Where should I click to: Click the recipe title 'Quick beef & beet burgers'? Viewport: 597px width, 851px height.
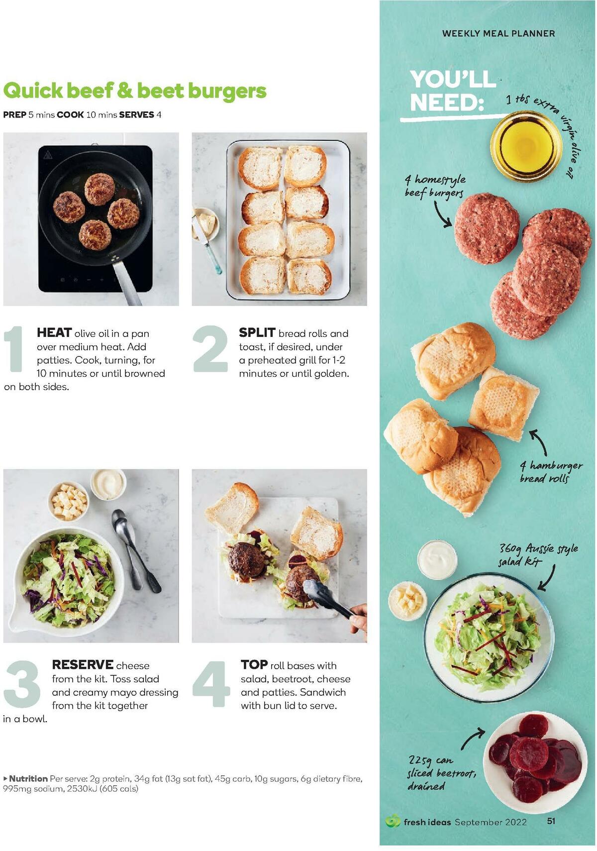[135, 91]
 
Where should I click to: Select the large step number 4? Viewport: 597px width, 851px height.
[211, 683]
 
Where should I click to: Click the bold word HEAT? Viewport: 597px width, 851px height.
[54, 333]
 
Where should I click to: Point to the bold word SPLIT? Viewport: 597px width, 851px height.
[257, 332]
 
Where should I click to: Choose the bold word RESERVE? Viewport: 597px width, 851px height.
[83, 665]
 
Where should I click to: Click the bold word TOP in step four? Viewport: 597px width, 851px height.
[254, 665]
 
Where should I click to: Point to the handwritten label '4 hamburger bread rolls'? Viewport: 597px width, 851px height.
[551, 472]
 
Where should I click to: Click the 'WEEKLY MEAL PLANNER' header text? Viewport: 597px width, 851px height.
[498, 34]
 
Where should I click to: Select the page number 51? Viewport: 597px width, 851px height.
[551, 821]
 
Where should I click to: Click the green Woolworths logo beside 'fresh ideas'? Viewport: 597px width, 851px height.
[393, 821]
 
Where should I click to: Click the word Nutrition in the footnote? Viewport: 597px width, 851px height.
[28, 778]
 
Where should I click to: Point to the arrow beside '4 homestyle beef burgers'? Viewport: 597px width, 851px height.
[442, 215]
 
